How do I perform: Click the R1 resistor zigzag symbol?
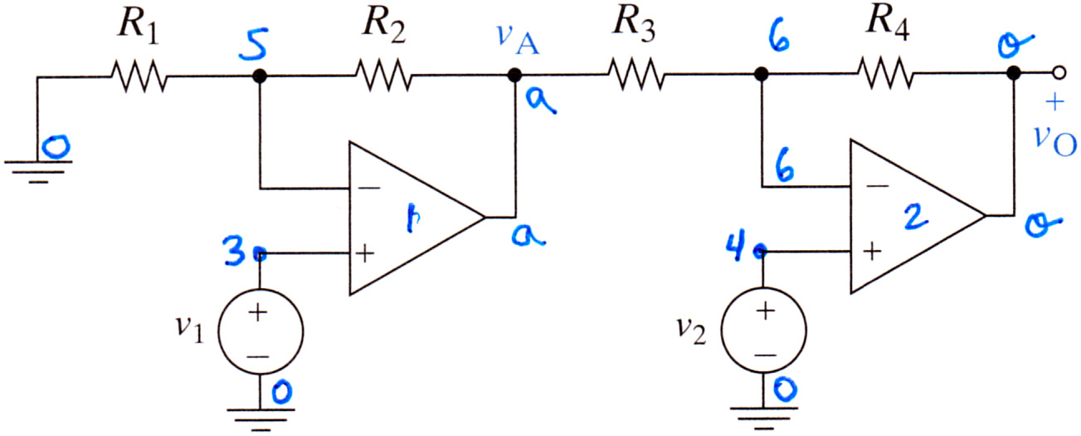coord(139,76)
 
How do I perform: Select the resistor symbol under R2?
coord(383,75)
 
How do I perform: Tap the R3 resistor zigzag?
coord(636,74)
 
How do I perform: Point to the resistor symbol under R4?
coord(885,73)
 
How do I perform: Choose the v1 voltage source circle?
coord(261,331)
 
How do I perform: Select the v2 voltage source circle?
coord(764,331)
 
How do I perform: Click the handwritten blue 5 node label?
coord(254,44)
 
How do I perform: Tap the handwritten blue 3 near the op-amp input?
coord(235,251)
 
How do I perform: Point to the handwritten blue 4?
coord(737,245)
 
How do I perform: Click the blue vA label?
coord(518,40)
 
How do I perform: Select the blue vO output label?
coord(1054,141)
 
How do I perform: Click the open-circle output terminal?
coord(1059,73)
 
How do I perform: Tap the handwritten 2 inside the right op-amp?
coord(914,216)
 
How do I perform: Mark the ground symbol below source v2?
coord(764,418)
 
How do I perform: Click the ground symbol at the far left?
coord(38,172)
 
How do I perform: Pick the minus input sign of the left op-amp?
coord(370,188)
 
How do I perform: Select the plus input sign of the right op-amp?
coord(872,252)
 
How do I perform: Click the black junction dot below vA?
coord(515,76)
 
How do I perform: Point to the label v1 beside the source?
coord(190,330)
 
